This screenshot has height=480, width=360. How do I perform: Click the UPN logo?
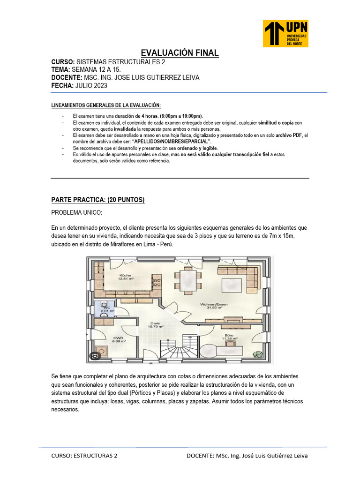(285, 33)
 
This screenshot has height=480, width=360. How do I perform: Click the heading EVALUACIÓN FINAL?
(180, 53)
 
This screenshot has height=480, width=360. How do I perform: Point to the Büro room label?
(229, 337)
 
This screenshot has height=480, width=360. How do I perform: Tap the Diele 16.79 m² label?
(156, 325)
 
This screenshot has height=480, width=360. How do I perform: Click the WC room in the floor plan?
(104, 308)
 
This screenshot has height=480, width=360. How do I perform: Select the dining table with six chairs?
(188, 279)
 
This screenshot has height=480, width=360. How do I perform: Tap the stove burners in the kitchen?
(157, 283)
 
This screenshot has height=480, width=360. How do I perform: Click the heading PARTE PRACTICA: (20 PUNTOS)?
(98, 200)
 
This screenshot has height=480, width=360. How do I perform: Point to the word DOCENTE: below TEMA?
(66, 77)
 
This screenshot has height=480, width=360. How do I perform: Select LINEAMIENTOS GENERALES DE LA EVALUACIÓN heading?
(106, 105)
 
